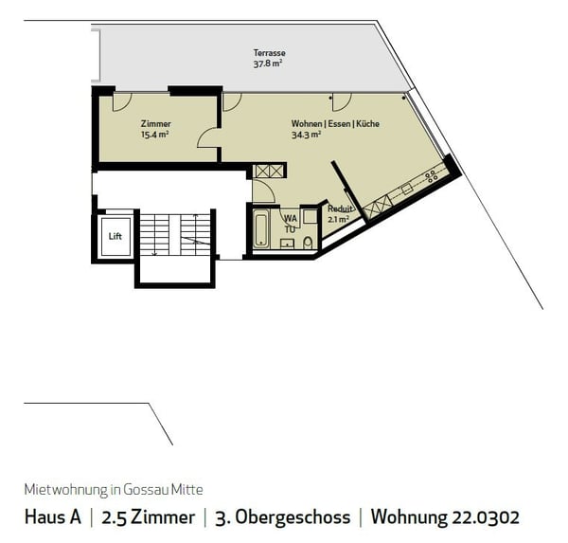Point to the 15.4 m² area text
[154, 135]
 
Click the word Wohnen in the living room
[307, 124]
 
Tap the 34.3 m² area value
[306, 135]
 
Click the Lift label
[115, 235]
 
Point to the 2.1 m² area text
[338, 219]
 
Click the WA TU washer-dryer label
[290, 223]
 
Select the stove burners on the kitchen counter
[431, 175]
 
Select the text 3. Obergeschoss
[281, 517]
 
